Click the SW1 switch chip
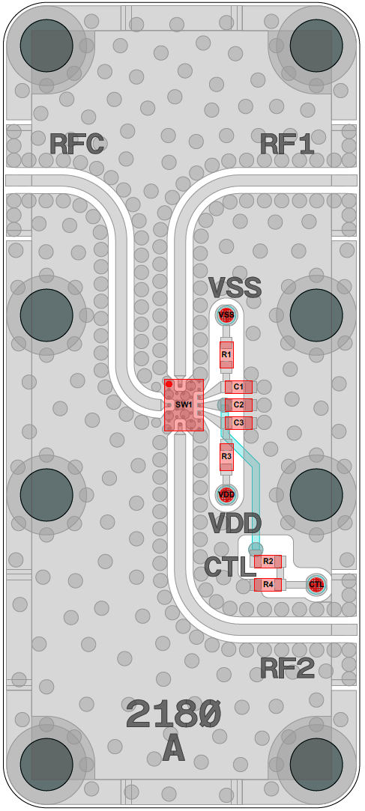(184, 405)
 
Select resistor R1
(226, 355)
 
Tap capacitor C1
(238, 387)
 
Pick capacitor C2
(238, 405)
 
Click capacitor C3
(238, 423)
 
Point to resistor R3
(226, 457)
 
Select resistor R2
(268, 561)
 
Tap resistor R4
(268, 584)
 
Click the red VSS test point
(226, 315)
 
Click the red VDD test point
(226, 493)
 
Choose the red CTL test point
(316, 584)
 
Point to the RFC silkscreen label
(78, 145)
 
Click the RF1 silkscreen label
(287, 145)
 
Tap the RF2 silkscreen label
(287, 669)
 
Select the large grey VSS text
(235, 288)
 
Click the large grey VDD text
(235, 523)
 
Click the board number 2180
(173, 714)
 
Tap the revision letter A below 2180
(173, 749)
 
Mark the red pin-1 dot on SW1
(169, 384)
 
